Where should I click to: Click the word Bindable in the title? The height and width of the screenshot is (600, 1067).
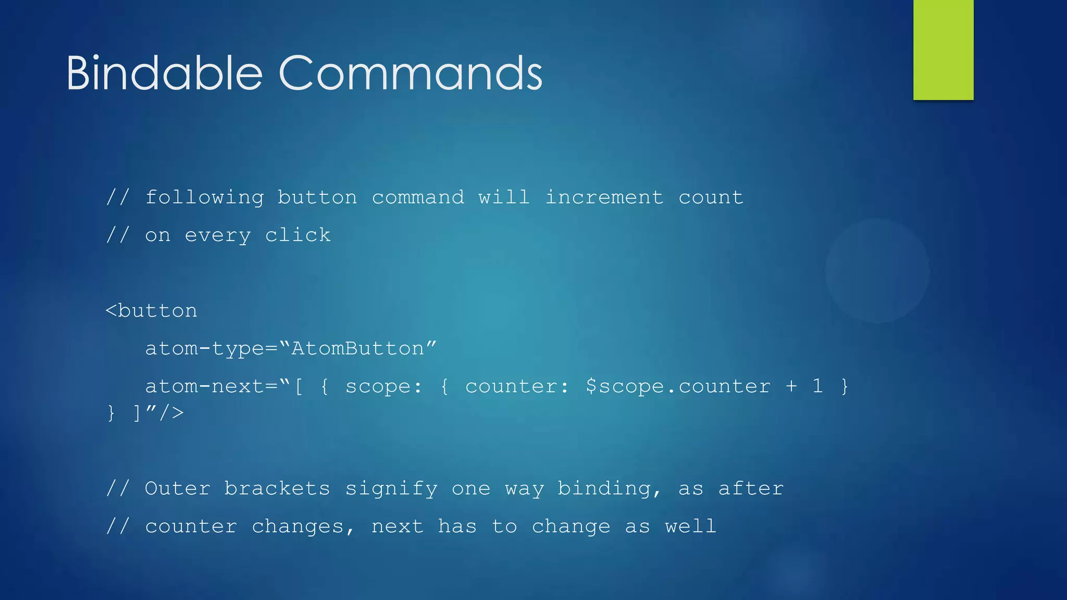click(x=164, y=73)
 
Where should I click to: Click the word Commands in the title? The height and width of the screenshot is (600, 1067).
click(x=411, y=73)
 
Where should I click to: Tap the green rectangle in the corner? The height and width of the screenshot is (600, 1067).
click(x=943, y=50)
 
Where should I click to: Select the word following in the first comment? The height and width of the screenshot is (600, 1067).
click(x=204, y=198)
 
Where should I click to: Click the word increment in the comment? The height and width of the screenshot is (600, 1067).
click(x=604, y=198)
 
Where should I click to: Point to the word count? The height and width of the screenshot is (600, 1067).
click(x=711, y=198)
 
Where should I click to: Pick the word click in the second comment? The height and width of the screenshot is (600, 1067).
click(x=297, y=235)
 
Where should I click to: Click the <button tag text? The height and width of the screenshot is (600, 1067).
click(x=152, y=311)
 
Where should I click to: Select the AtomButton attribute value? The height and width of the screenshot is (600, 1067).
click(x=358, y=348)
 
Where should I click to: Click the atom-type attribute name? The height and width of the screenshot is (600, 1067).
click(x=204, y=349)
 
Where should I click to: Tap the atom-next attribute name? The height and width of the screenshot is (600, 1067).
click(x=204, y=386)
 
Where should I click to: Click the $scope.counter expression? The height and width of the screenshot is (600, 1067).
click(x=678, y=386)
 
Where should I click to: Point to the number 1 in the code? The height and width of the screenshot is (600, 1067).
click(x=817, y=386)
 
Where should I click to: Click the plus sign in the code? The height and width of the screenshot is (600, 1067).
click(x=791, y=386)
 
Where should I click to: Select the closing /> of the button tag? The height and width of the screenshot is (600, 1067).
click(x=171, y=413)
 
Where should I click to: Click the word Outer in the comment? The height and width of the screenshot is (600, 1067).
click(x=177, y=489)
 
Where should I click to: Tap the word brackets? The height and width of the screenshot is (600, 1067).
click(x=277, y=489)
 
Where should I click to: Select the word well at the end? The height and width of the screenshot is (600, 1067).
click(x=690, y=526)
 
